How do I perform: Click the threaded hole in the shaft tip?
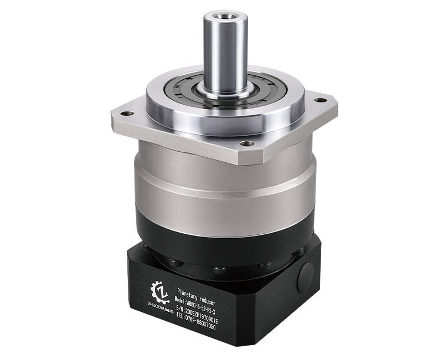tap(225, 13)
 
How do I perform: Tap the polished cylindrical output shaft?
tap(225, 53)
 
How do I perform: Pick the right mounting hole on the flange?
tap(320, 100)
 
